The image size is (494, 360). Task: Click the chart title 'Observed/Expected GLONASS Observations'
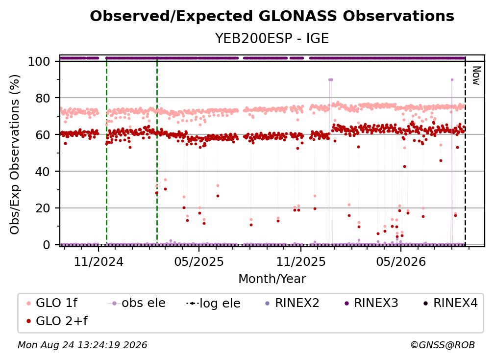[272, 16]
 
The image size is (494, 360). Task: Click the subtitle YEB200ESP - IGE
[272, 38]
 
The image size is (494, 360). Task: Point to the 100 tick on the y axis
[39, 61]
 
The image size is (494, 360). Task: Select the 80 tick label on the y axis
[43, 98]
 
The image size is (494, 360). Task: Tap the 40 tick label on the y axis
[43, 172]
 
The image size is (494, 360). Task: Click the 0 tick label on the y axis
[47, 245]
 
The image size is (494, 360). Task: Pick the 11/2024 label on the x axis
[99, 261]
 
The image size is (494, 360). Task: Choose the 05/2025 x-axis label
[199, 261]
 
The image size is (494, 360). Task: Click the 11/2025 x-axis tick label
[301, 261]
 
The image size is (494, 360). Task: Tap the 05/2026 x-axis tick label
[401, 261]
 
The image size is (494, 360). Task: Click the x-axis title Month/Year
[272, 279]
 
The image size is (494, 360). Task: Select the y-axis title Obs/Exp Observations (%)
[15, 154]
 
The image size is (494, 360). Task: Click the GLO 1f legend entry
[51, 303]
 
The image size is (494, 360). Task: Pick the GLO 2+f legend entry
[57, 321]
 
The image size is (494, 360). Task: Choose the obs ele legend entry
[136, 303]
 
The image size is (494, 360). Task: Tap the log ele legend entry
[213, 303]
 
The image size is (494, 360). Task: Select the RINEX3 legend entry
[371, 303]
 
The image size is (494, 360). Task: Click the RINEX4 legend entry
[451, 303]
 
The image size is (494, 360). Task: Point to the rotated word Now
[476, 76]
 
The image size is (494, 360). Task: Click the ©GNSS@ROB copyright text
[443, 345]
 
